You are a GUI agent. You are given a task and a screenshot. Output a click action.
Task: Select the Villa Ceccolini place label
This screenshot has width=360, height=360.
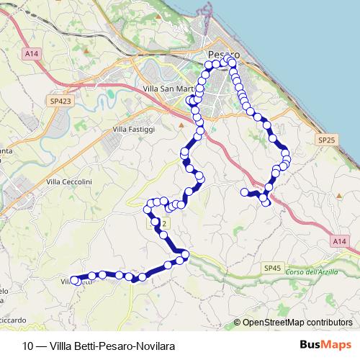72,183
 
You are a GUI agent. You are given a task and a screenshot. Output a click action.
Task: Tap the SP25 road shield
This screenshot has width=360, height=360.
326,140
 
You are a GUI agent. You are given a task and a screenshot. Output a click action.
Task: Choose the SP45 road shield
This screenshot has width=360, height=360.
272,268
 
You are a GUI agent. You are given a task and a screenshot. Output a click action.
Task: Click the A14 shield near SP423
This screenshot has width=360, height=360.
30,53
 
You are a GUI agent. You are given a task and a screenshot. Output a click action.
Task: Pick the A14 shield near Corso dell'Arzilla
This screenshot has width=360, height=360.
340,243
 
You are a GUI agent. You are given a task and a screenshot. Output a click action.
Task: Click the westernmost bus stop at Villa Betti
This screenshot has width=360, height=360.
75,280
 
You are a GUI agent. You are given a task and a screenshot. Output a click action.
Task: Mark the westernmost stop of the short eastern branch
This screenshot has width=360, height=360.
245,192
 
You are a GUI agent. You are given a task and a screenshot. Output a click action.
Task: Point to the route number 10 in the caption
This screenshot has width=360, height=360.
27,346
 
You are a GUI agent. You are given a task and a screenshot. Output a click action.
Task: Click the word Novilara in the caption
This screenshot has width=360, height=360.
155,346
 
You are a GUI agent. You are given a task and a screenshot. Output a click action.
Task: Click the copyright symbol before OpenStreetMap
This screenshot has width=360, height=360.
237,323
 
